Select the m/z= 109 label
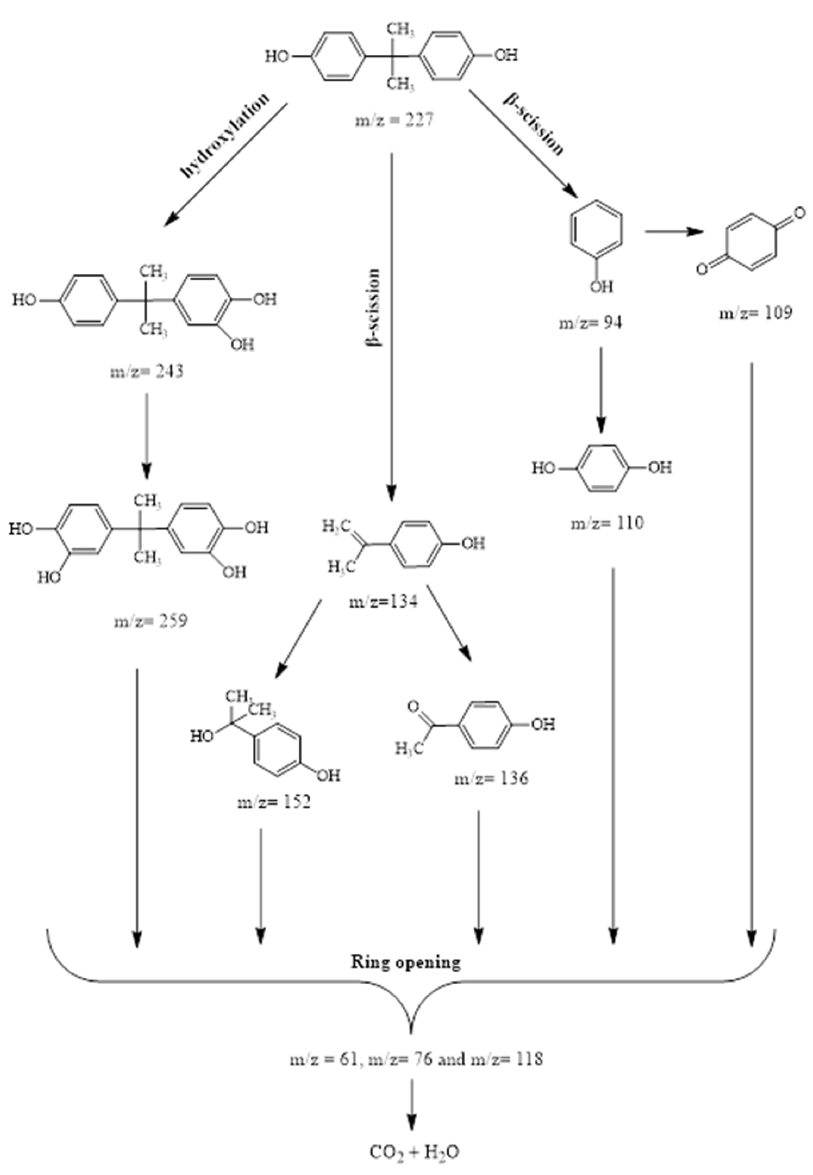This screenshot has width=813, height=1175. (755, 313)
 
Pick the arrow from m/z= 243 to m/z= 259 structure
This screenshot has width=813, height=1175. (147, 435)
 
